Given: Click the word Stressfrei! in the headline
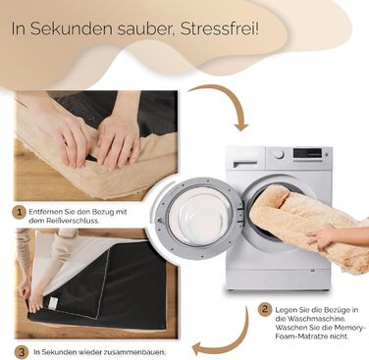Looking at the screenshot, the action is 220,28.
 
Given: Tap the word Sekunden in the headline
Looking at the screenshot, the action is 71,28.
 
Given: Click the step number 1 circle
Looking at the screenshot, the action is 19,212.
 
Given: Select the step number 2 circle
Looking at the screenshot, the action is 265,309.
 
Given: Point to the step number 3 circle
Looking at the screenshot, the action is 22,352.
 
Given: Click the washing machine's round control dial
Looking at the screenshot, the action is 279,154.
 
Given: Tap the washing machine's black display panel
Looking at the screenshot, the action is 307,153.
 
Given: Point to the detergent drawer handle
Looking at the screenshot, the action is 245,163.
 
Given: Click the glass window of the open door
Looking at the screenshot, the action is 199,218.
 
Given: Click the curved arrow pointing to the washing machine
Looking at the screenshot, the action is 229,98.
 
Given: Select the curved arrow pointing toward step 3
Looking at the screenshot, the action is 228,340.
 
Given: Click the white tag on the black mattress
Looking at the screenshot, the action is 52,303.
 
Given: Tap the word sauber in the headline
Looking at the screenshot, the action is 145,29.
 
